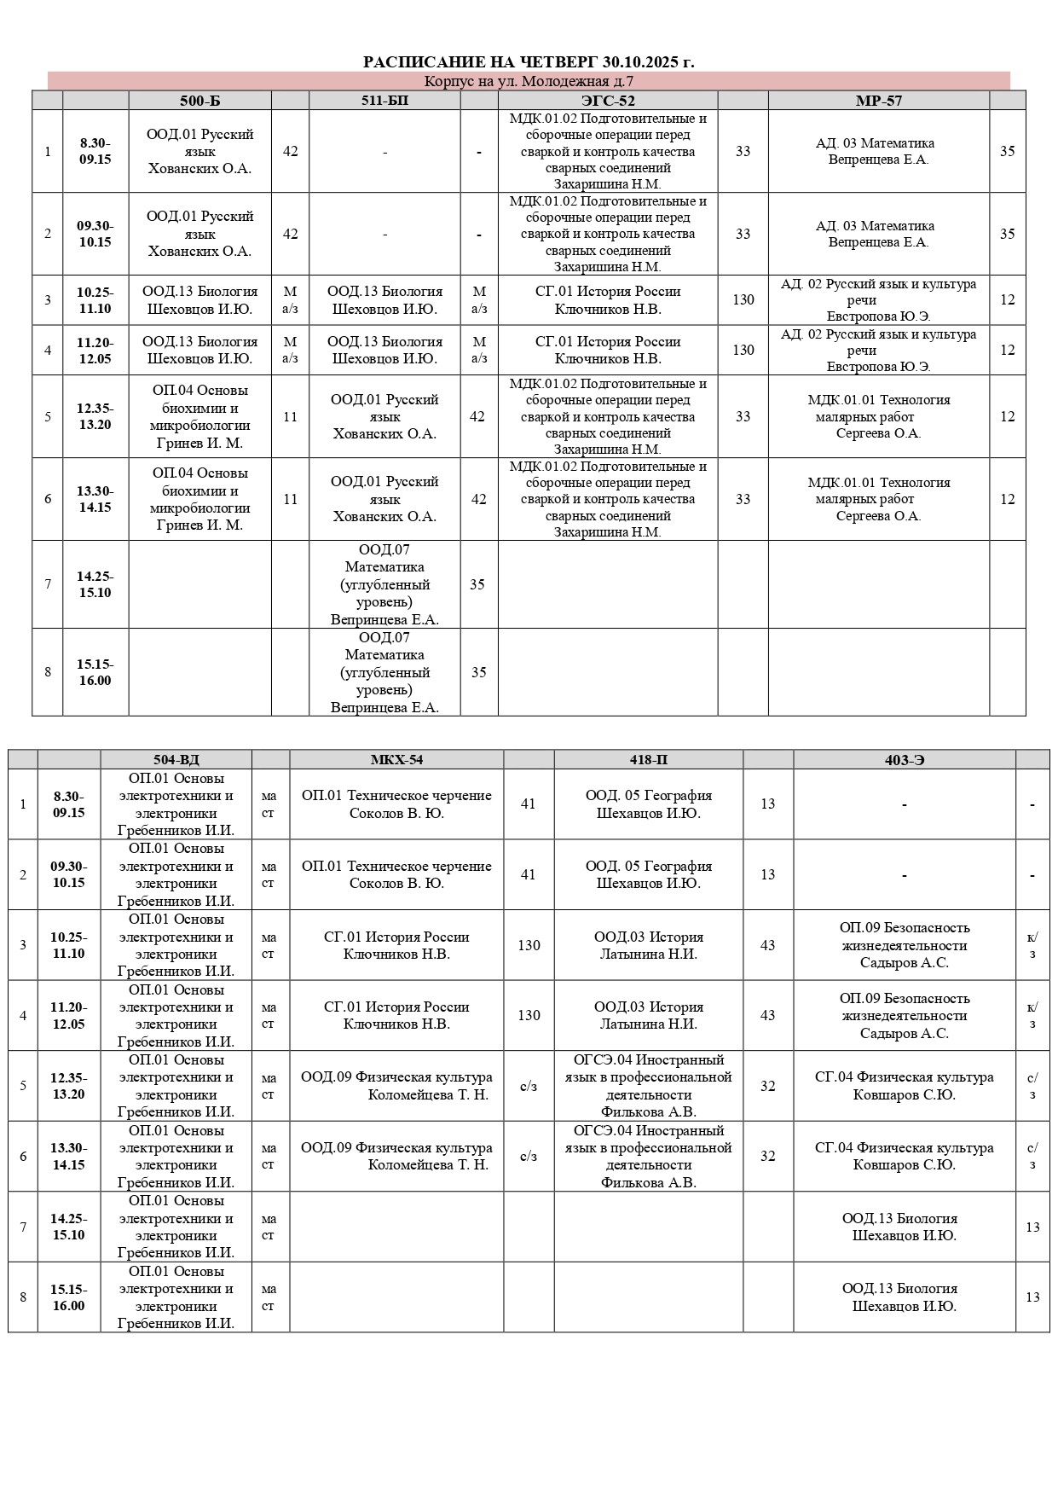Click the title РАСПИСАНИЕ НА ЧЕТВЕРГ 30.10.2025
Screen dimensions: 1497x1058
[x=529, y=61]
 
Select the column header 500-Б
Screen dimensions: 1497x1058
[x=199, y=101]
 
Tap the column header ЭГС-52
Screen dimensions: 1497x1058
[x=608, y=101]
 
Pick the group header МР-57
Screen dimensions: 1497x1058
[x=878, y=101]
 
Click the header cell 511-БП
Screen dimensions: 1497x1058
[x=384, y=101]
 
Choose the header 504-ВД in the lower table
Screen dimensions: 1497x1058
[x=176, y=760]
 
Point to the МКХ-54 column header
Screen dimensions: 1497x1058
[x=396, y=760]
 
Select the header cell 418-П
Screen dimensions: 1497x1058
[x=648, y=760]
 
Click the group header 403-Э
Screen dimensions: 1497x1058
[x=904, y=760]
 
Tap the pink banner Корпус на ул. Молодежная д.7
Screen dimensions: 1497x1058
[x=529, y=82]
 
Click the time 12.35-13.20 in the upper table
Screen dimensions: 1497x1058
[x=95, y=416]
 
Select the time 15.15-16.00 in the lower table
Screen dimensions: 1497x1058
[x=68, y=1297]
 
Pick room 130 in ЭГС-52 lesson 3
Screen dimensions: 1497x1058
[x=743, y=299]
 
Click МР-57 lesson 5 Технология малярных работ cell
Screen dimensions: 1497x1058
[x=878, y=416]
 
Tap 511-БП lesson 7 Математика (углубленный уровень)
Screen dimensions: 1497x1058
[x=384, y=584]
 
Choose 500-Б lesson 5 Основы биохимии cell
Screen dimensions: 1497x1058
[x=199, y=416]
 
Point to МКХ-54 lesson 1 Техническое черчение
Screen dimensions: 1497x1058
[x=396, y=804]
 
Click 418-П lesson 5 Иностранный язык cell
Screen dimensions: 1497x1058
[x=648, y=1086]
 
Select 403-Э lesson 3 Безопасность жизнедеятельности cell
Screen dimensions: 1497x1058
[x=904, y=945]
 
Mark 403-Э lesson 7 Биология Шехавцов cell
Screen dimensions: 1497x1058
[x=904, y=1227]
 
